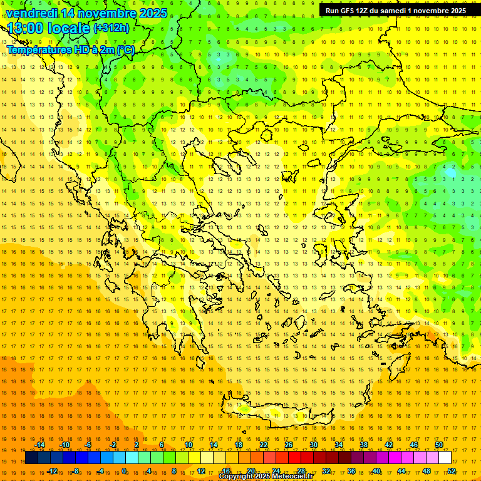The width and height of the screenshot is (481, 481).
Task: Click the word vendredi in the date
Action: click(x=32, y=13)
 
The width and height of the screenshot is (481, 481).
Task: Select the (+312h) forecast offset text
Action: click(x=111, y=28)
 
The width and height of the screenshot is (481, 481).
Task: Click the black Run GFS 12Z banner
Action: click(x=396, y=11)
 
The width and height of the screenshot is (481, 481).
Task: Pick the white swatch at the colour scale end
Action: click(x=445, y=458)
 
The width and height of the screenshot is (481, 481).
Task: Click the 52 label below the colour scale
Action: click(x=451, y=471)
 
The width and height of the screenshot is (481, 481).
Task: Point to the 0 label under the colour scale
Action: click(x=124, y=471)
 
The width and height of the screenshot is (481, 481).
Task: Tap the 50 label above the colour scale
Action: click(x=438, y=445)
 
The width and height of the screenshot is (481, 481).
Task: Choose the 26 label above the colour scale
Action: click(x=288, y=445)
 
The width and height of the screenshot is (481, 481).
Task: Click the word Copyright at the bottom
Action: click(x=236, y=477)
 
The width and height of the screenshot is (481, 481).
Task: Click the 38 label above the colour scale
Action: click(x=363, y=445)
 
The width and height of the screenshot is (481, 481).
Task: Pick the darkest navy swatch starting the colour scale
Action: click(x=31, y=458)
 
